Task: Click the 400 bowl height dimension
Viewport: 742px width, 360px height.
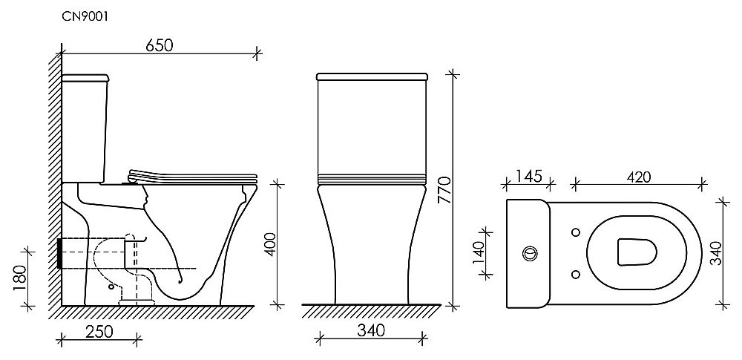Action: tap(269, 241)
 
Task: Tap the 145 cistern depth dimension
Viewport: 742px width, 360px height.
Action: tap(527, 177)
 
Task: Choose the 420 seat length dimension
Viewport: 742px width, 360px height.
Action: tap(638, 177)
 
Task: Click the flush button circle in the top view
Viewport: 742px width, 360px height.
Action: tap(530, 252)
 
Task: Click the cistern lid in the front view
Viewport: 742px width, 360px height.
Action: tap(373, 76)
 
